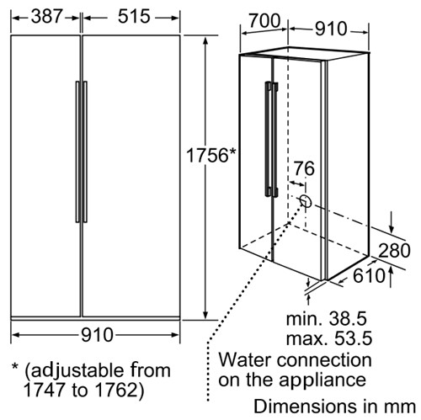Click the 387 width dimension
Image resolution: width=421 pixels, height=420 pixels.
coord(46,16)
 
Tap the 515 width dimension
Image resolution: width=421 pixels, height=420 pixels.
coord(134,16)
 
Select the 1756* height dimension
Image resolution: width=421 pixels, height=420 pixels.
coord(211,155)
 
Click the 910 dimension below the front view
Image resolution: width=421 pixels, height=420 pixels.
coord(97,335)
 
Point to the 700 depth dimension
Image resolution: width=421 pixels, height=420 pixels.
coord(264,20)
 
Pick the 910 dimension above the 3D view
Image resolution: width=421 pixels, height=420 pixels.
coord(331,29)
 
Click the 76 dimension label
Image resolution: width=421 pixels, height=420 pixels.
coord(304,168)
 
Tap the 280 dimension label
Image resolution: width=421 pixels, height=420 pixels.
coord(394,250)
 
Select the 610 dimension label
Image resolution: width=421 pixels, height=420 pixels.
coord(369,275)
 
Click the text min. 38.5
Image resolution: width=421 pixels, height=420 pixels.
coord(327,318)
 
